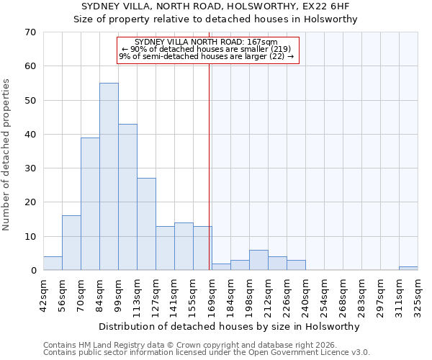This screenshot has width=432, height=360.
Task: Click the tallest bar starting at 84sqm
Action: coord(109,176)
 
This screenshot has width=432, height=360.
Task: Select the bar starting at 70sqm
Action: coord(90,204)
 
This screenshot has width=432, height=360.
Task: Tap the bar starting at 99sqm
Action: coord(127,197)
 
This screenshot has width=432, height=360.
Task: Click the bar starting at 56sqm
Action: coord(71,243)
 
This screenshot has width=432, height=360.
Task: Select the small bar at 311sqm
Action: coord(408,269)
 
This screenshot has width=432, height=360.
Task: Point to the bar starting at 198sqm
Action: coord(258,260)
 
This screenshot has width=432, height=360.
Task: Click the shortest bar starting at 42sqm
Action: coord(53,264)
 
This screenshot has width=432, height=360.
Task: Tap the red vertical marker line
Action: coord(210,158)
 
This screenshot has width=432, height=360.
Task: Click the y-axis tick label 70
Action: coord(30,32)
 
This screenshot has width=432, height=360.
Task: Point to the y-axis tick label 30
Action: coord(30,168)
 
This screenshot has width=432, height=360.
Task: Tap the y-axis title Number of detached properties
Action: coord(7,155)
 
